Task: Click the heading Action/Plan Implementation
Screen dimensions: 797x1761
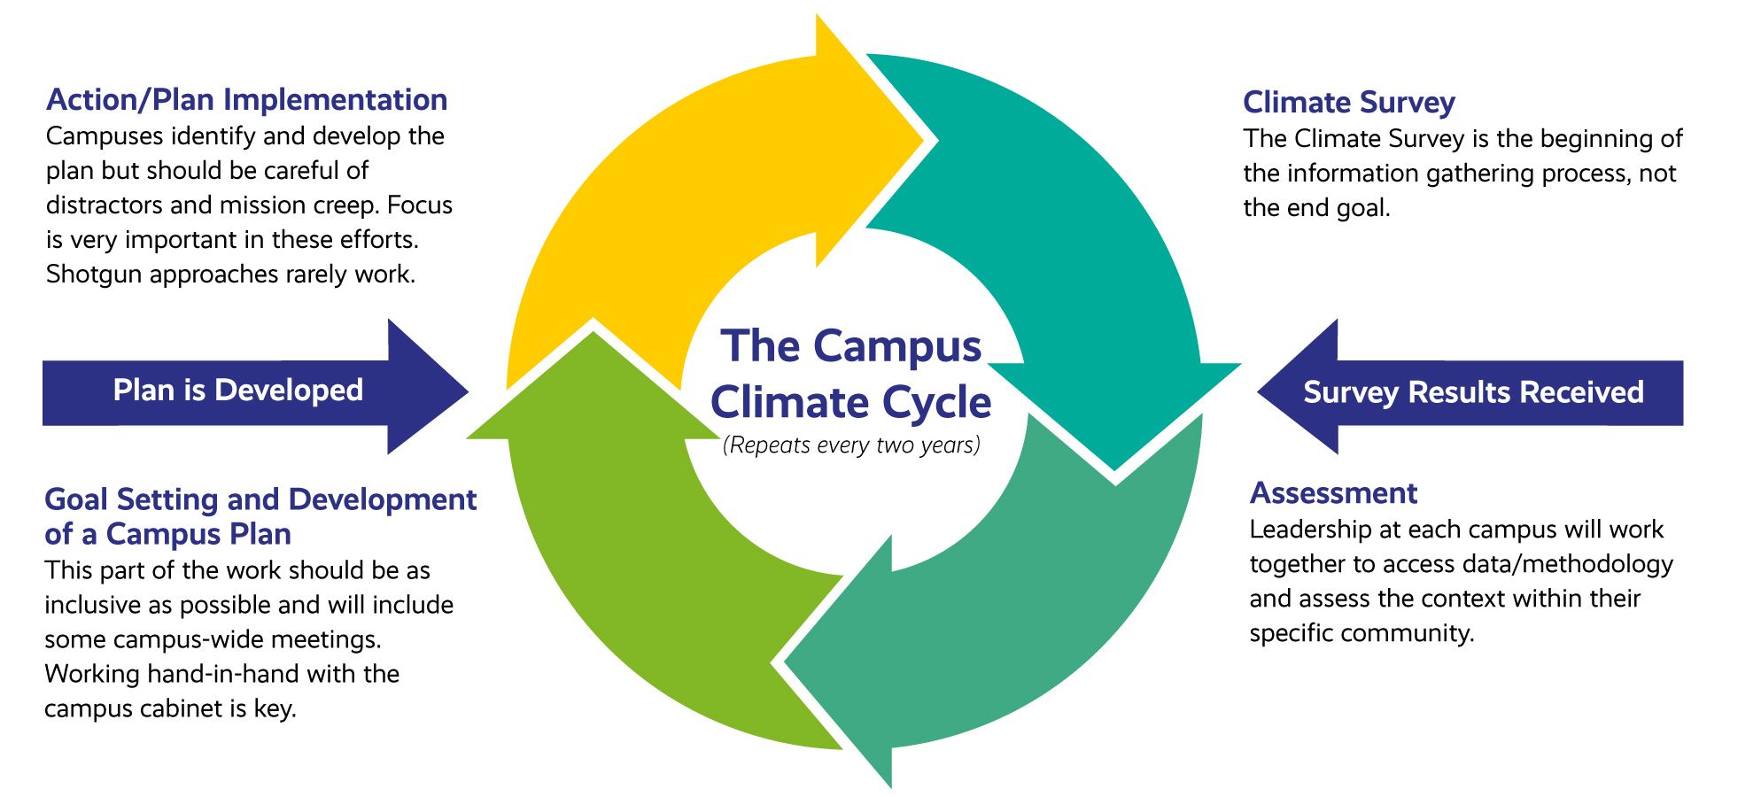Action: pyautogui.click(x=246, y=100)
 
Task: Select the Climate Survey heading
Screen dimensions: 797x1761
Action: pyautogui.click(x=1348, y=103)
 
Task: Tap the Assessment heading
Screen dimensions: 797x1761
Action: pyautogui.click(x=1333, y=493)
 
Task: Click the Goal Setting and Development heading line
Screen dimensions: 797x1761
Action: pyautogui.click(x=260, y=499)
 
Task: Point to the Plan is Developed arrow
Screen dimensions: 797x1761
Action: pyautogui.click(x=238, y=391)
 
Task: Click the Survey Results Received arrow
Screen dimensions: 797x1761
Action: pyautogui.click(x=1472, y=392)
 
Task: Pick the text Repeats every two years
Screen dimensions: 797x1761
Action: pyautogui.click(x=851, y=445)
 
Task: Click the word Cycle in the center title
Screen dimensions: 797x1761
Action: pyautogui.click(x=936, y=403)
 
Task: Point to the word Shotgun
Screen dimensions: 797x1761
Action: pyautogui.click(x=94, y=275)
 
